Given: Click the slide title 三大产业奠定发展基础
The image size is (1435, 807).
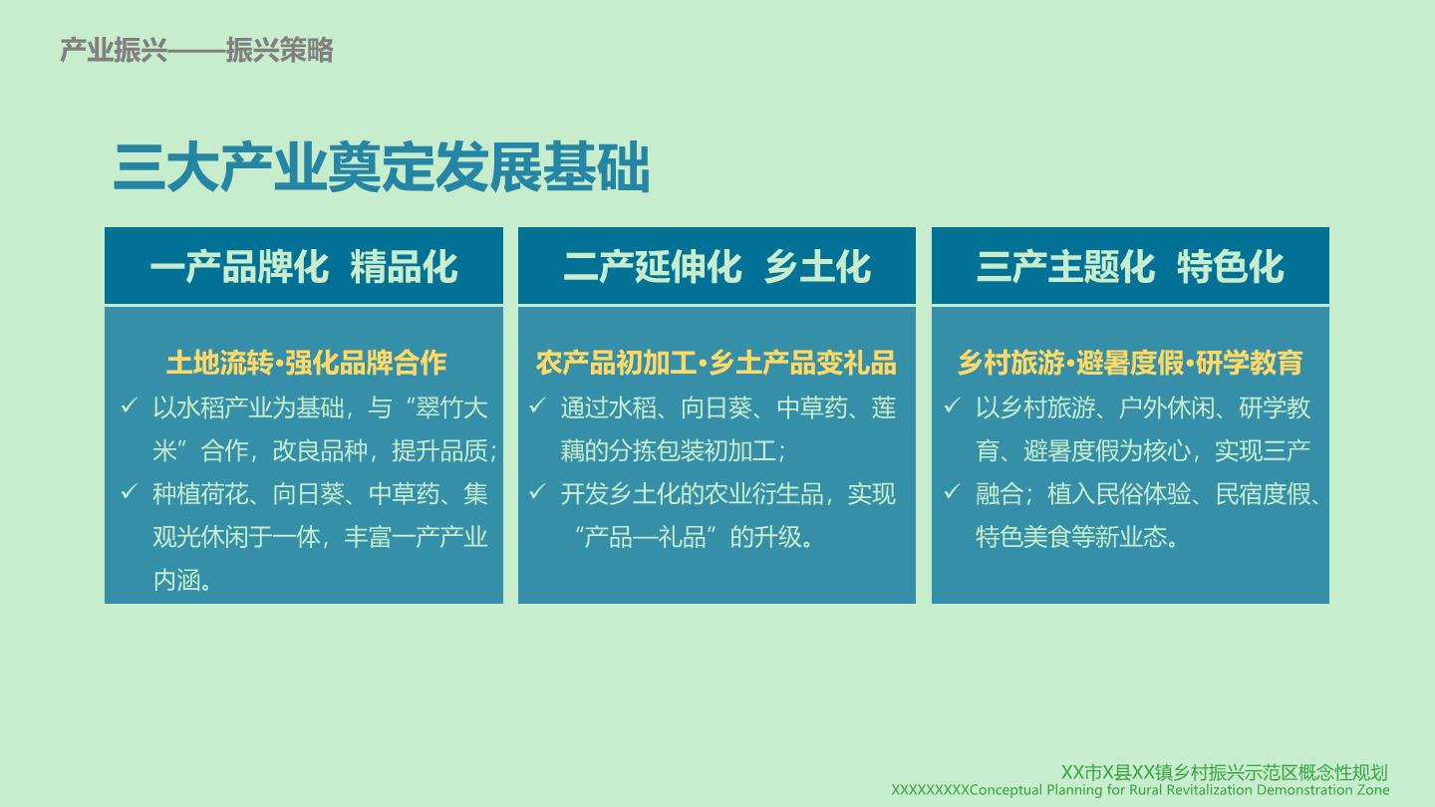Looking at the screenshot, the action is [382, 167].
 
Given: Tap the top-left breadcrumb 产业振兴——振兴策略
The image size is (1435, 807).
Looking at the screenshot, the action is [196, 50].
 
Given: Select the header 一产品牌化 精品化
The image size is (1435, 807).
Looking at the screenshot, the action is [304, 266].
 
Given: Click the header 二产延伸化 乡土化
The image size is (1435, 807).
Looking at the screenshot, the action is [717, 266].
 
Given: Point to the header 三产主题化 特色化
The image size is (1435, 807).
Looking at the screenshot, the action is [1130, 266].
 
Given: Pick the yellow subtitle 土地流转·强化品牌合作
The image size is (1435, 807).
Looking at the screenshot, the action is [306, 363].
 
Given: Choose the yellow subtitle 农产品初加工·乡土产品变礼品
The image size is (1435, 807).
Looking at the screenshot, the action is [717, 363].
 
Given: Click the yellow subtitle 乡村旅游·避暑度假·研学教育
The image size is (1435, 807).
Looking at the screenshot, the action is [1130, 363].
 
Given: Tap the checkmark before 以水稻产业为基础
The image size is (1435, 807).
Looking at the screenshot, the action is [129, 405].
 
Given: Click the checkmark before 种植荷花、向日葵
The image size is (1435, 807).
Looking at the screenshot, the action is [129, 492].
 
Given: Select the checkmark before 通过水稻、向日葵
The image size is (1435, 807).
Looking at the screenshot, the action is [537, 405].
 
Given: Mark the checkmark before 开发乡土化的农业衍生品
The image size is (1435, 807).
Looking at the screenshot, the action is [537, 492].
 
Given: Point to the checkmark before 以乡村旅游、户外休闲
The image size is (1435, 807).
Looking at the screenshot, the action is [952, 405].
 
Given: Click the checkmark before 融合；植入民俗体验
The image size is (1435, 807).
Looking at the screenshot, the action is [952, 492].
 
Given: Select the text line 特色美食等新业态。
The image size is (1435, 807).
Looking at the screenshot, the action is [1077, 537].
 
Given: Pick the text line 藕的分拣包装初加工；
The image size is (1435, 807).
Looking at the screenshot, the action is [674, 451].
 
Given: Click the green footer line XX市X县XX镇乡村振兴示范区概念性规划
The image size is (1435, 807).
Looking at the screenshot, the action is [1224, 772].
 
